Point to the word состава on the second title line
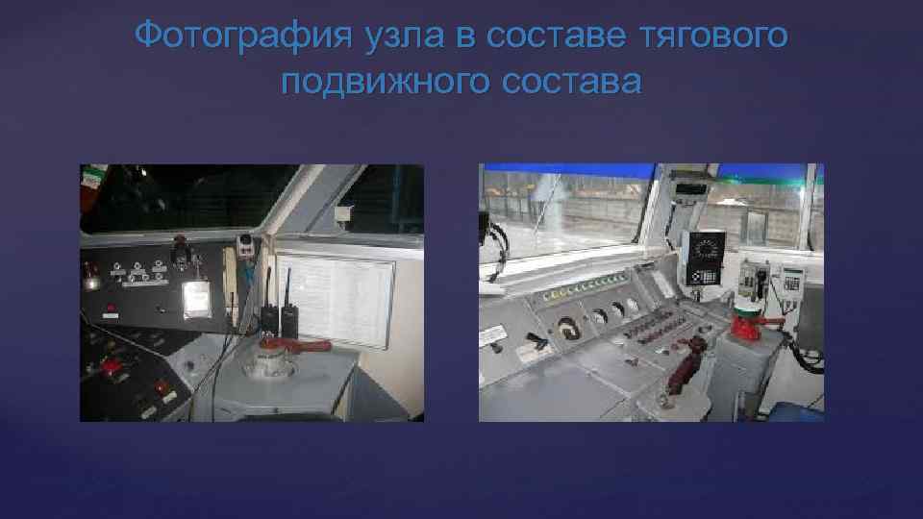point(571,81)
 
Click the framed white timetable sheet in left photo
point(334,302)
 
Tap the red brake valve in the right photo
point(744,323)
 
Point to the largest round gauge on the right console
point(568,328)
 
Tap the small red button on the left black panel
point(111,309)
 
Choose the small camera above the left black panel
point(244,242)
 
